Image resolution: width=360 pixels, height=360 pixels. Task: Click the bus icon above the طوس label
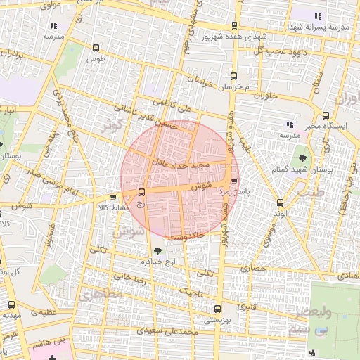click(x=96, y=48)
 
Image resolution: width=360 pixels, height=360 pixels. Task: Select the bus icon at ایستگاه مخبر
click(x=325, y=116)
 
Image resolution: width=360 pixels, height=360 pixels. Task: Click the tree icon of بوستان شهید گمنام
click(x=303, y=157)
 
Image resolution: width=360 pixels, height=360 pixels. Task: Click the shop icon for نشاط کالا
click(x=115, y=198)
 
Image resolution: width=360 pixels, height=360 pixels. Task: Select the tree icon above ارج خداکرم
click(x=156, y=250)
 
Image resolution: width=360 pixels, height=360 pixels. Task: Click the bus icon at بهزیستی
click(x=216, y=308)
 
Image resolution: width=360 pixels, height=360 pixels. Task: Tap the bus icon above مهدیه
click(x=11, y=304)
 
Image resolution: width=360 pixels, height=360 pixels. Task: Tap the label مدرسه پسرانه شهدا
click(x=314, y=26)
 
